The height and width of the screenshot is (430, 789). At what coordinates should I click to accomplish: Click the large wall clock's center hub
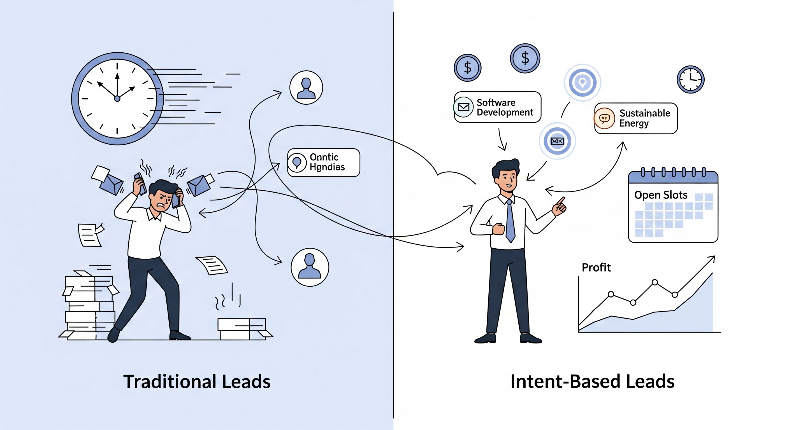point(117,98)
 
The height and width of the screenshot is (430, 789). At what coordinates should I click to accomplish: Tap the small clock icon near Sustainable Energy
point(690,79)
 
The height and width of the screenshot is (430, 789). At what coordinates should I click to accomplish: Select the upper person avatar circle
point(306,88)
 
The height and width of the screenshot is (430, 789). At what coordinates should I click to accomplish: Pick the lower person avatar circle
point(310,267)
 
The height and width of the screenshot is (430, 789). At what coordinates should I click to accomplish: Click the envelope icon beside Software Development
point(463,107)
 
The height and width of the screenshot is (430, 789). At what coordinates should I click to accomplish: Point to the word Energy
point(634,123)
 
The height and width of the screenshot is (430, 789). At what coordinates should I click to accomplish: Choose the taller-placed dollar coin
point(525,58)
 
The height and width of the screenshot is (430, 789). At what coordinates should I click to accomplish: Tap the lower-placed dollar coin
point(467,68)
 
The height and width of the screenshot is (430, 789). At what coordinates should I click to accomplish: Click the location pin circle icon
point(583,82)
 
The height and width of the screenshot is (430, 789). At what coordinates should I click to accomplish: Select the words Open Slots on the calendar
point(661,195)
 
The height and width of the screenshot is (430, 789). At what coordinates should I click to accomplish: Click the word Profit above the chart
point(596,267)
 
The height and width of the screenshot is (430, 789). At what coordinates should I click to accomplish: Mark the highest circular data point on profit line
point(655,282)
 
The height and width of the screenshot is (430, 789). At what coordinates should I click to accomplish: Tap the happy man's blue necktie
point(510,220)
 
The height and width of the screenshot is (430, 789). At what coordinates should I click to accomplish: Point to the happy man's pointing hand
point(560,206)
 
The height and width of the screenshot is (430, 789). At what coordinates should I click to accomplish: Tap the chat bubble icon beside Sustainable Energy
point(604,118)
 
